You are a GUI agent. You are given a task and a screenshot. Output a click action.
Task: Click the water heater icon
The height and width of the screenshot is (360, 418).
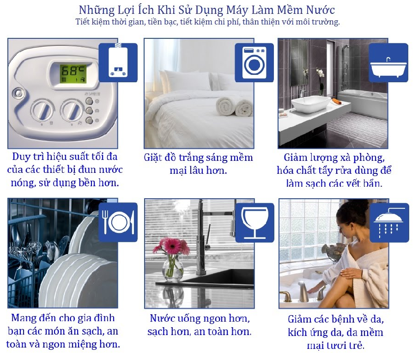118,62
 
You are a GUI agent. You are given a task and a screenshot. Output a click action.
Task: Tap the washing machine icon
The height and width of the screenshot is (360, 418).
254,62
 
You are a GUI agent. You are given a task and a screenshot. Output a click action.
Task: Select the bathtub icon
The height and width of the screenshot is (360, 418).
388,62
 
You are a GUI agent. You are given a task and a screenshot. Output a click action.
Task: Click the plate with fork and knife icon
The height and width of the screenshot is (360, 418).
118,222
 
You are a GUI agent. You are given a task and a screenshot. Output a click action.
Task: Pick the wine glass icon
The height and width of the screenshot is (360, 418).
254,222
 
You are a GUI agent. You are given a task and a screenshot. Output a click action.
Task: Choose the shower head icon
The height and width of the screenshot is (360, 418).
389,223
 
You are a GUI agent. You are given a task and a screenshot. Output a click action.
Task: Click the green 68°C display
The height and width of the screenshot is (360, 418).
73,73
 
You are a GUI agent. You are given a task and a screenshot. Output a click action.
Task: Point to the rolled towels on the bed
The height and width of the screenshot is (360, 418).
234,107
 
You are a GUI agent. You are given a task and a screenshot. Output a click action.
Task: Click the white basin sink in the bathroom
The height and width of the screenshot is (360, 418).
311,104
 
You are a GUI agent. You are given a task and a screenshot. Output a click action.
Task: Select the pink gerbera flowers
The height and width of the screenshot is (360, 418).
171,245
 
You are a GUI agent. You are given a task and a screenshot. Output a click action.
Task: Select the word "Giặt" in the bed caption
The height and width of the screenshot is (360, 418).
153,157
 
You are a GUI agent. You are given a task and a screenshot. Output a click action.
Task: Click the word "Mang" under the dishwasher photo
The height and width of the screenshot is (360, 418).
24,318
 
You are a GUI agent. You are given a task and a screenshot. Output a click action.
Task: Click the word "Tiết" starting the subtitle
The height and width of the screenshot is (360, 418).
83,22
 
